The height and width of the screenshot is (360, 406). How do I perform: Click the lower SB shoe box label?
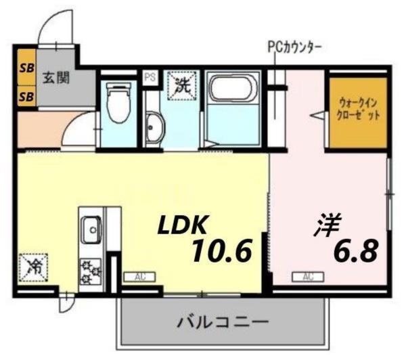click(x=27, y=96)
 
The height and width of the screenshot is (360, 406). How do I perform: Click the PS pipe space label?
click(x=150, y=77)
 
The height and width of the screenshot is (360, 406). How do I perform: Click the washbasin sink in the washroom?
click(x=155, y=127)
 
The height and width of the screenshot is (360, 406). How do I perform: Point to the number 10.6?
click(x=220, y=252)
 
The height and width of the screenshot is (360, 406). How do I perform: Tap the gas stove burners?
click(x=90, y=270)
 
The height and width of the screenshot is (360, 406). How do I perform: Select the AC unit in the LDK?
click(x=139, y=277)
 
